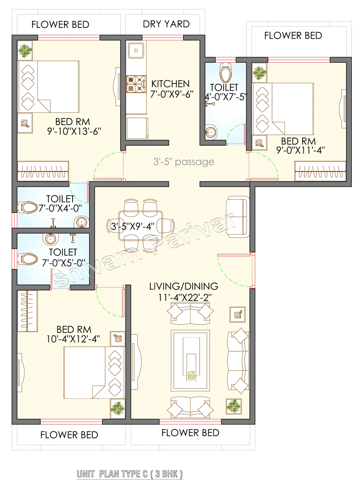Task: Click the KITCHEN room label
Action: (x=170, y=84)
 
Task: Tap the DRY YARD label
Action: (x=166, y=24)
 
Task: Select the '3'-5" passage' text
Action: (x=184, y=162)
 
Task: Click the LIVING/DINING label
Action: (x=184, y=286)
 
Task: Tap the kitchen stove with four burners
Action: (x=134, y=84)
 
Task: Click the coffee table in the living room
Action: (x=190, y=360)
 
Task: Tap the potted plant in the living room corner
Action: (x=234, y=405)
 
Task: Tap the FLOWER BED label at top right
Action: (x=293, y=36)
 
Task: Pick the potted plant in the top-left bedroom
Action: (x=25, y=51)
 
